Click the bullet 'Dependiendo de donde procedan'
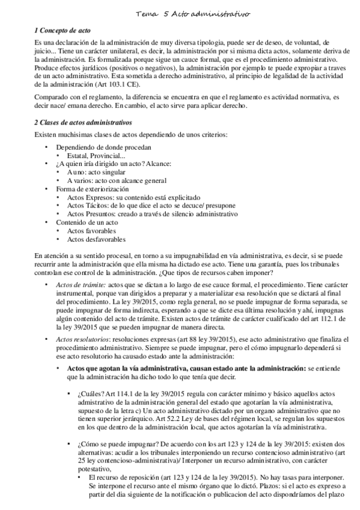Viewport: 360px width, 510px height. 103,147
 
